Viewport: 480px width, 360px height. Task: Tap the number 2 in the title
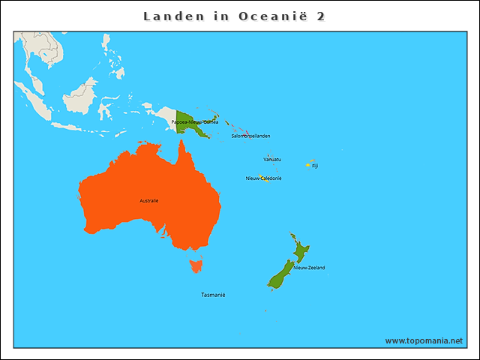click(x=321, y=16)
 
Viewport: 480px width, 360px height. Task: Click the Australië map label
click(x=149, y=200)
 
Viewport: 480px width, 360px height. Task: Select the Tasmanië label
click(x=213, y=295)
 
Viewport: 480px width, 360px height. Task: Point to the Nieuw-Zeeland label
click(x=309, y=267)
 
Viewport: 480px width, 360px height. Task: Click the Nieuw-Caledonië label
click(x=263, y=178)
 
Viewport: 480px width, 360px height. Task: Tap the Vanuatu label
click(x=272, y=159)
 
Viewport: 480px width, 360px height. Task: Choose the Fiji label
click(x=315, y=166)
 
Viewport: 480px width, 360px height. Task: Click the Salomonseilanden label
click(x=250, y=136)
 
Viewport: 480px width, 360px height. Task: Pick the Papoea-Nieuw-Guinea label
click(x=195, y=121)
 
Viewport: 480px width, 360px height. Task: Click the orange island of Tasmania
click(x=196, y=264)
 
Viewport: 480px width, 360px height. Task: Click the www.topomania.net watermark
click(x=424, y=340)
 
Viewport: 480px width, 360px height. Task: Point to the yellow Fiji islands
click(x=308, y=165)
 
